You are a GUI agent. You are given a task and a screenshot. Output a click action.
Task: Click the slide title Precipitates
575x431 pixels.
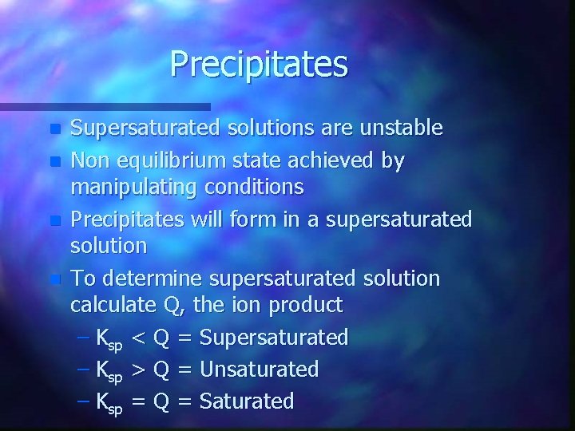coord(259,64)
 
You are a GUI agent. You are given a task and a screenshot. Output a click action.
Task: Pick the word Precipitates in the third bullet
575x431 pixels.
coord(126,219)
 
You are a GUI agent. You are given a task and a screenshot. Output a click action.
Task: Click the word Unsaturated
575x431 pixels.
coord(259,370)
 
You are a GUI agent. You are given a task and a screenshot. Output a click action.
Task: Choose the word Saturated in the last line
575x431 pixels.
coord(247,401)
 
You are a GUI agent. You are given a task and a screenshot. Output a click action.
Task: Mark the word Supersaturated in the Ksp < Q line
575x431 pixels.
coord(274,338)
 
